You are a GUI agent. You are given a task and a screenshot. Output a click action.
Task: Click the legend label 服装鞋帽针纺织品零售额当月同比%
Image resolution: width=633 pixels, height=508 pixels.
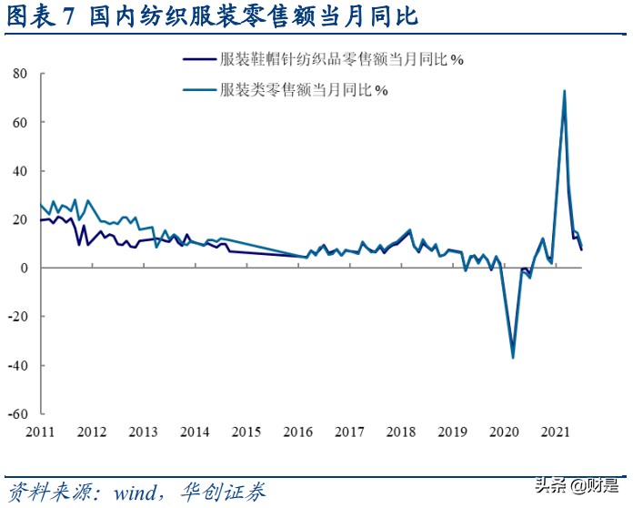(x=342, y=59)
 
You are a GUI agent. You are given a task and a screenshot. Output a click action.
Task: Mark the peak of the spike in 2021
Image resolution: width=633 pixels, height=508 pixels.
(x=565, y=91)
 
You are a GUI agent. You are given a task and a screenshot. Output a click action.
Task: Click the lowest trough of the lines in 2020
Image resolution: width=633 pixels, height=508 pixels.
(x=513, y=357)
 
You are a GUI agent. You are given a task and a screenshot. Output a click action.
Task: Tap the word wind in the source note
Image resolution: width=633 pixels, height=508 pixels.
(x=136, y=493)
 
